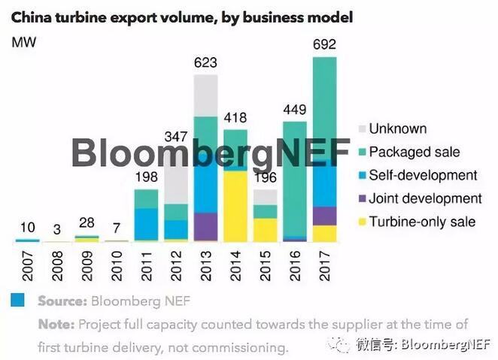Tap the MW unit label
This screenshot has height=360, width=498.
point(23,41)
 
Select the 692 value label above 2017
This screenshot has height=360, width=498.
point(323,45)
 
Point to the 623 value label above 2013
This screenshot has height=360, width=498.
point(205,62)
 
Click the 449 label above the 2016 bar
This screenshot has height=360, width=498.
point(294,110)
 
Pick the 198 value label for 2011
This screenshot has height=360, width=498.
point(146,178)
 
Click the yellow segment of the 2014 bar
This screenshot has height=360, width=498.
point(235,204)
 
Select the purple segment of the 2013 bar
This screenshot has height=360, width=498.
point(205,226)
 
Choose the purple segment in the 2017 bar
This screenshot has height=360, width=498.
point(323,216)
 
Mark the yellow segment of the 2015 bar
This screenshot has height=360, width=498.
point(264,229)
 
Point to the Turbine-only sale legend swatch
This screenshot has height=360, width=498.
point(363,222)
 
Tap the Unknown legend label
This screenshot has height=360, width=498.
point(397,129)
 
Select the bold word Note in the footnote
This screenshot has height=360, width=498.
point(56,325)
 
